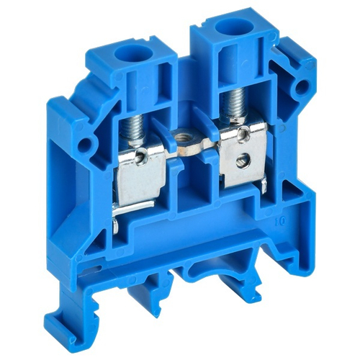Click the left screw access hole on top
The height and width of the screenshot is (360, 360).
pos(135,51)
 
